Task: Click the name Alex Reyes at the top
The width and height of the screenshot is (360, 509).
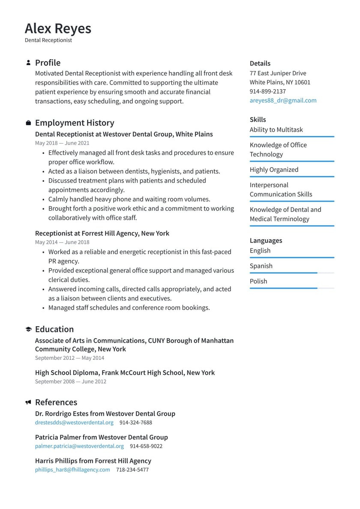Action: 58,28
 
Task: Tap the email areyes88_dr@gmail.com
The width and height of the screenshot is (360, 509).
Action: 283,100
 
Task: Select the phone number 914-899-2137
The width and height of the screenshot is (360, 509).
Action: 267,91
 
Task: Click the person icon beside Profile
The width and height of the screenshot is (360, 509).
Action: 28,63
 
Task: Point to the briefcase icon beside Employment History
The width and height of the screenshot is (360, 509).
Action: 28,123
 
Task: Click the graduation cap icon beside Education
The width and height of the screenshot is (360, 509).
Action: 28,329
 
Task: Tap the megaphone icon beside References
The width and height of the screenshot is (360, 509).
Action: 28,402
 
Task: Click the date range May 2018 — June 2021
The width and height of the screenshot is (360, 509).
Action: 62,143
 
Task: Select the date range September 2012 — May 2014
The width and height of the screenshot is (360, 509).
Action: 69,358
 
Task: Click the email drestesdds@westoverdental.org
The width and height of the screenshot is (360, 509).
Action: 74,422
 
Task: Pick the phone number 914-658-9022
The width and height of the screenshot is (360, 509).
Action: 146,446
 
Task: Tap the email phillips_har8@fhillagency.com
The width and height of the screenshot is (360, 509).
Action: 72,470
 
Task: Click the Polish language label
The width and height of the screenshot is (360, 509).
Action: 258,281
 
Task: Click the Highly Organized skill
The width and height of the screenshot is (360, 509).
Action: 274,170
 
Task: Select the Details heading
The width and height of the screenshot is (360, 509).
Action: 260,63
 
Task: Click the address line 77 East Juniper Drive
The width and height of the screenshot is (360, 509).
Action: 278,73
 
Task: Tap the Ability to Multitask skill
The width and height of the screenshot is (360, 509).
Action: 276,130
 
